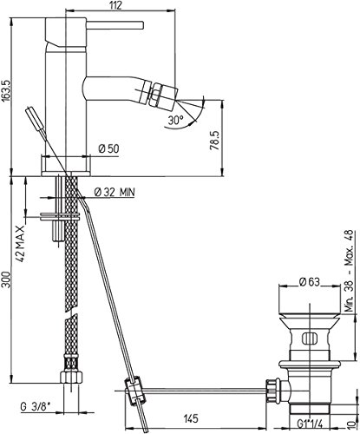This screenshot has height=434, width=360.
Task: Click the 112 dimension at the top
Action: (116, 5)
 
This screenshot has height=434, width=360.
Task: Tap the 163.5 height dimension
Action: (6, 90)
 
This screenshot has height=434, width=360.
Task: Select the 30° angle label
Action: (175, 120)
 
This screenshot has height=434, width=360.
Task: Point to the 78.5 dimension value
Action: (214, 141)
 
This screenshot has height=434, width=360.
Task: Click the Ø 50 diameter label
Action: (108, 148)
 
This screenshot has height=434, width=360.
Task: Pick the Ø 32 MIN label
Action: (115, 192)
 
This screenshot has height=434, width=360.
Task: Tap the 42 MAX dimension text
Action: (20, 244)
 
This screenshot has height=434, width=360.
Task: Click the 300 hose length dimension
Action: (6, 279)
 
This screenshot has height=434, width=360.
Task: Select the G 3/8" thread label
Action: (36, 407)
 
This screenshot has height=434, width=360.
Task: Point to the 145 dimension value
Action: (191, 418)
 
